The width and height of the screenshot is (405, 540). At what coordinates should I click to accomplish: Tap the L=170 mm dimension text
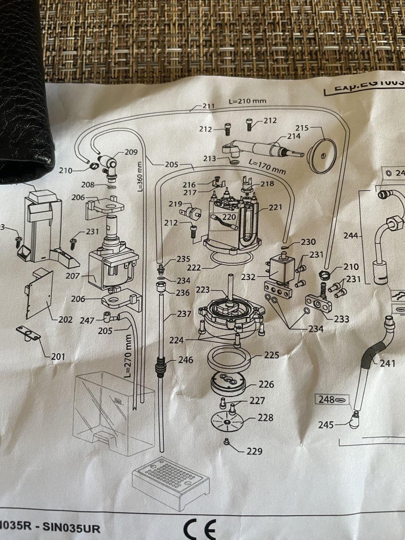[x=267, y=166]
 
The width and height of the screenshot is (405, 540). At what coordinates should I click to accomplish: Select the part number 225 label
[x=271, y=355]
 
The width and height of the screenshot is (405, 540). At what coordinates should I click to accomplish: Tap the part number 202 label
[x=65, y=320]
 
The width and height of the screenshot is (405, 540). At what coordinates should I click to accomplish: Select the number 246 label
[x=185, y=360]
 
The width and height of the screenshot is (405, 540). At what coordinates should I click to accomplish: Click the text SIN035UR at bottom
[x=76, y=526]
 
